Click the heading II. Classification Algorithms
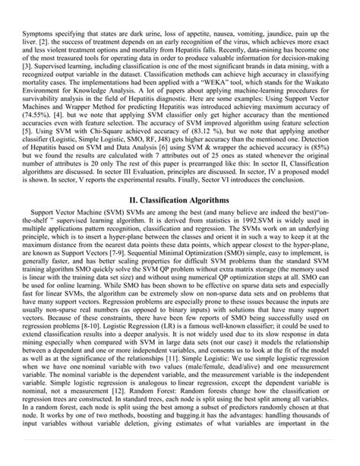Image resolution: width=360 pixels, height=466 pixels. [x=180, y=199]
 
